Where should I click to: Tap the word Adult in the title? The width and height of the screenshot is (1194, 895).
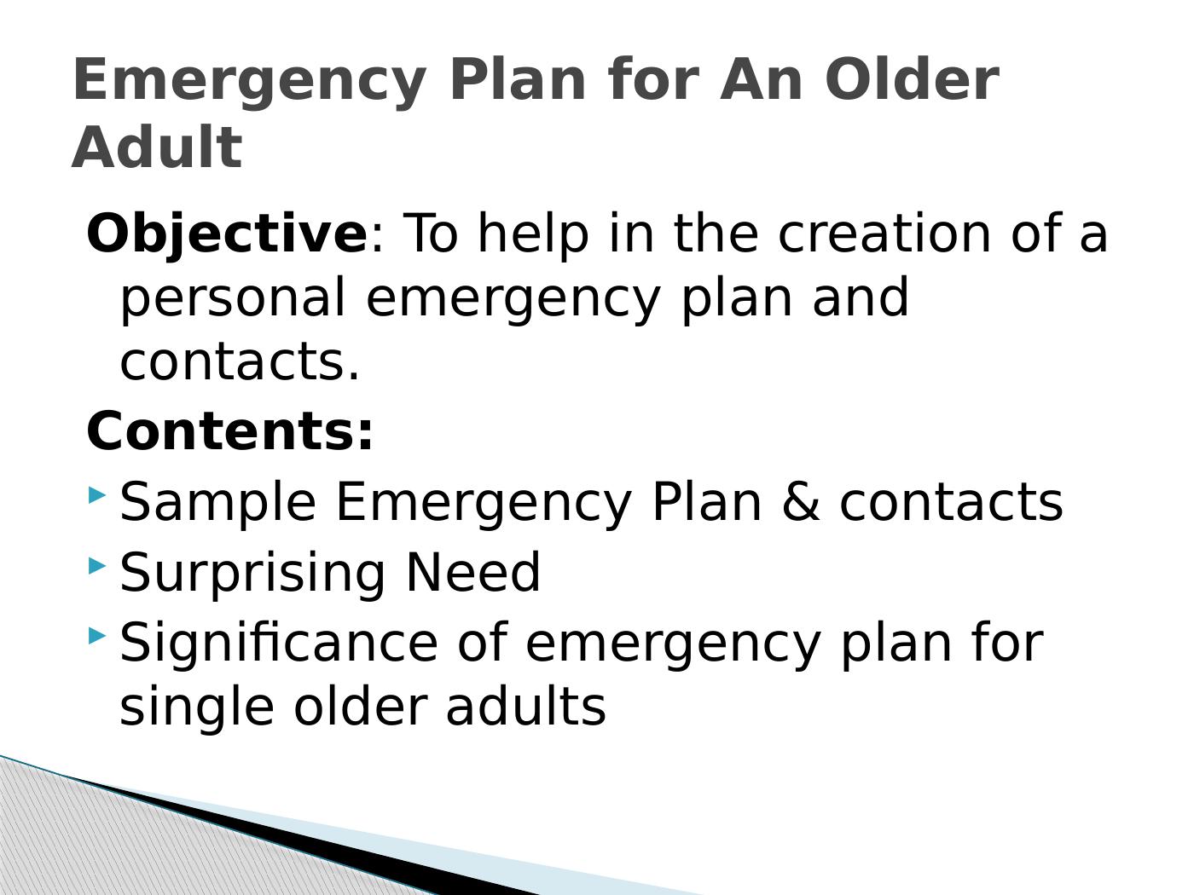click(157, 147)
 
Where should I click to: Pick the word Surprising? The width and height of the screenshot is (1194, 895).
click(252, 572)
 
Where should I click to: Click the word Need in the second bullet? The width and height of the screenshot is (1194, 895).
click(472, 572)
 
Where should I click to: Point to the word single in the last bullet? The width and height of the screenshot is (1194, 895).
click(197, 707)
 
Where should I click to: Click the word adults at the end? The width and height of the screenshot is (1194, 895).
click(525, 707)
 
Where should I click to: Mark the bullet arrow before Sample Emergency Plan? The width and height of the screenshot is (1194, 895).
click(97, 494)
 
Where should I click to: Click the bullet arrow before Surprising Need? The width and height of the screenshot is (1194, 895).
click(97, 564)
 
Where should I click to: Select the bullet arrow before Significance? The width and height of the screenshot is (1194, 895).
click(97, 635)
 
